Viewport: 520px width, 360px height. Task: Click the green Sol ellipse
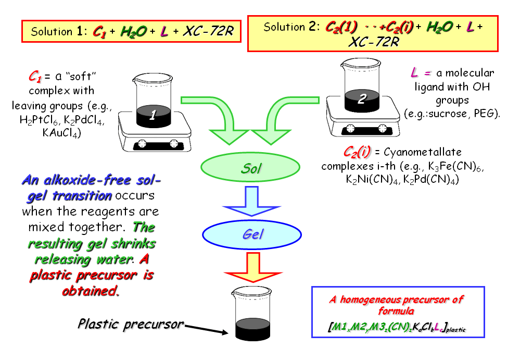pos(250,168)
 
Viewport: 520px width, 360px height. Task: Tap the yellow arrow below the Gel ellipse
pos(252,266)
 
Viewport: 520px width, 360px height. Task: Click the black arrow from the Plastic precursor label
pos(206,329)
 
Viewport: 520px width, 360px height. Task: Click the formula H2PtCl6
pos(38,120)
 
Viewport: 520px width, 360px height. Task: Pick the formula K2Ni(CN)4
pos(366,179)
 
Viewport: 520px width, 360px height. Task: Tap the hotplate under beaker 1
pos(154,136)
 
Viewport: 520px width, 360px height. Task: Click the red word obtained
pos(88,290)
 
